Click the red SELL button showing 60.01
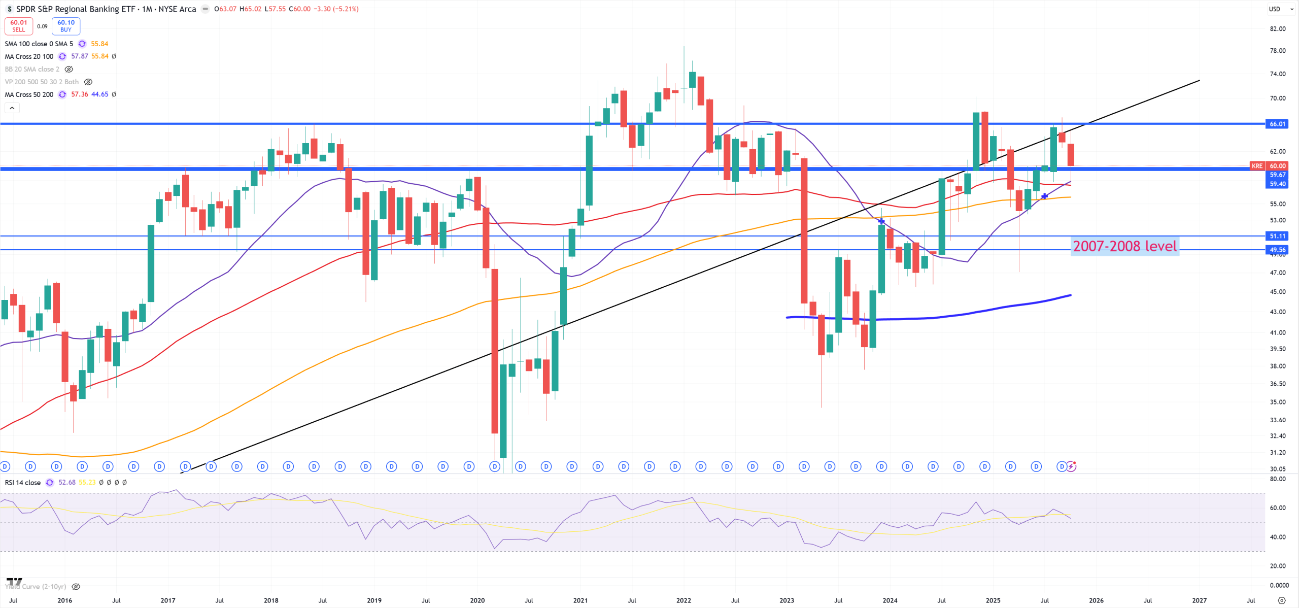19,26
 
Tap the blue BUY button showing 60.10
66,26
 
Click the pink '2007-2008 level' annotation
1124,247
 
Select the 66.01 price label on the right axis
1277,124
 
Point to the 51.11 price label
1277,236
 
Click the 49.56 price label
1277,250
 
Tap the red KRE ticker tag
1256,166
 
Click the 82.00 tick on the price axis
1277,29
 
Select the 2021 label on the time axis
580,600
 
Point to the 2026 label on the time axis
1096,600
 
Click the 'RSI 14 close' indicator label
23,483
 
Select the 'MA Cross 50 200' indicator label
29,94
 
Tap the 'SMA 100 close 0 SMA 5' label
39,44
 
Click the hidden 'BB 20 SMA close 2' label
32,69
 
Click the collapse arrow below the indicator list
12,108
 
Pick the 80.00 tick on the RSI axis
1277,479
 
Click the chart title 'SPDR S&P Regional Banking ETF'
76,9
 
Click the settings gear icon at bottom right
1282,600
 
